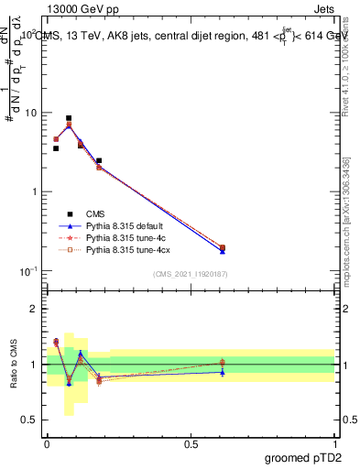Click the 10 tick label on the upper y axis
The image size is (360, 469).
click(x=30, y=113)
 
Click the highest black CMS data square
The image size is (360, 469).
click(x=69, y=118)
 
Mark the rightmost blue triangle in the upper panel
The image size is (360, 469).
click(x=223, y=250)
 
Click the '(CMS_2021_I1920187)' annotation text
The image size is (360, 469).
click(x=191, y=274)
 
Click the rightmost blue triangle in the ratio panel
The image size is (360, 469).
click(x=223, y=372)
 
